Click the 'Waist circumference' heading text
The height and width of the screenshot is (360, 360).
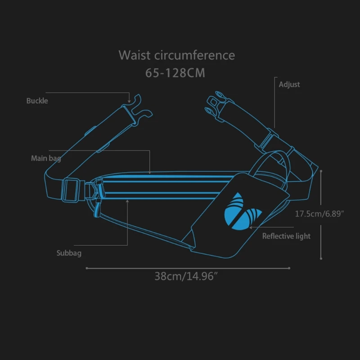click(176, 55)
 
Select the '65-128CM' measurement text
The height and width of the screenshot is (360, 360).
click(175, 73)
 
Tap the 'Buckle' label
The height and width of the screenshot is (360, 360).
click(37, 101)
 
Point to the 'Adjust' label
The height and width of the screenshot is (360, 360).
click(289, 84)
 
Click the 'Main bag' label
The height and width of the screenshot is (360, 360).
click(46, 158)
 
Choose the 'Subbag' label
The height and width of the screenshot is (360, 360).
click(69, 253)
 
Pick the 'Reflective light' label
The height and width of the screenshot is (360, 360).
click(286, 236)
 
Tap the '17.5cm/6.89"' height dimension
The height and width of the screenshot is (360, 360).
click(319, 214)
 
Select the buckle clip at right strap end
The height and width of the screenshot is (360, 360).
click(216, 104)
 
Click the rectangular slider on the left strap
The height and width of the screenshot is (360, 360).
click(71, 189)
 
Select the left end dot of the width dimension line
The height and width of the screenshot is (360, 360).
click(86, 268)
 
